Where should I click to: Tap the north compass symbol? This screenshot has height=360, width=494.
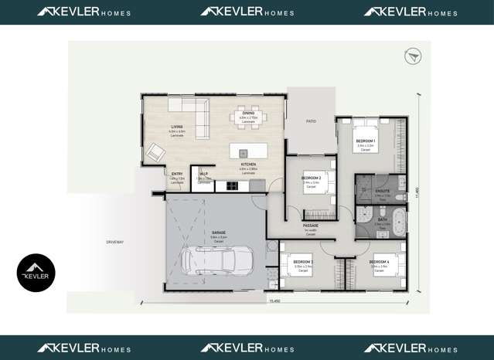(x=412, y=56)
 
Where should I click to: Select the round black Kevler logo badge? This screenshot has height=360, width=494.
(x=36, y=273)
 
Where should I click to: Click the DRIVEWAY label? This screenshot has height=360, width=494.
(x=115, y=243)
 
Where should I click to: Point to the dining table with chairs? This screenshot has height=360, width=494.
(x=247, y=118)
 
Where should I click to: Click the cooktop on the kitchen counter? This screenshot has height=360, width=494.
(x=230, y=185)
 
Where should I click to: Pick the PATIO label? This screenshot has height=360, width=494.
(x=311, y=121)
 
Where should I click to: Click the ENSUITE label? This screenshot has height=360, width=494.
(x=382, y=190)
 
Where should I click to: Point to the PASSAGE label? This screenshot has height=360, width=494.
(x=312, y=226)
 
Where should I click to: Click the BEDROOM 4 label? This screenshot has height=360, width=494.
(x=379, y=262)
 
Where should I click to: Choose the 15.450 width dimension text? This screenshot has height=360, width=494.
(x=274, y=301)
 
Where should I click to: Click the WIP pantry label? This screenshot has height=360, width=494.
(x=203, y=174)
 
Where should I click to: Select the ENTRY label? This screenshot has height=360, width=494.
(x=177, y=174)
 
